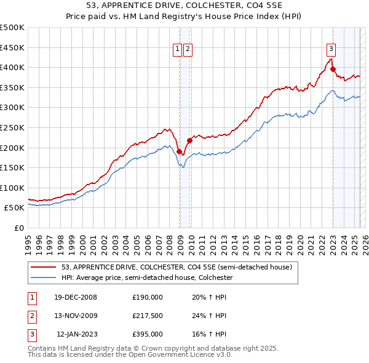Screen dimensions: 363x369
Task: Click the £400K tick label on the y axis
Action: coord(12,67)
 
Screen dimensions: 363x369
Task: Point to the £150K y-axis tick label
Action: coord(12,167)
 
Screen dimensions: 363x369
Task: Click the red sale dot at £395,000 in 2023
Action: coord(333,70)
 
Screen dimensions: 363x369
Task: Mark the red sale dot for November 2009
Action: coord(189,140)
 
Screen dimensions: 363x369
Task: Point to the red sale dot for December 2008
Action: coord(180,151)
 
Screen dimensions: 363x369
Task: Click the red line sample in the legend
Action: coord(45,267)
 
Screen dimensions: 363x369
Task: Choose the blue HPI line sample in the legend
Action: coord(45,277)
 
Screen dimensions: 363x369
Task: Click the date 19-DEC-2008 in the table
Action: coord(76,297)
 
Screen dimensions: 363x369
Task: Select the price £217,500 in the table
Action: coord(148,316)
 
